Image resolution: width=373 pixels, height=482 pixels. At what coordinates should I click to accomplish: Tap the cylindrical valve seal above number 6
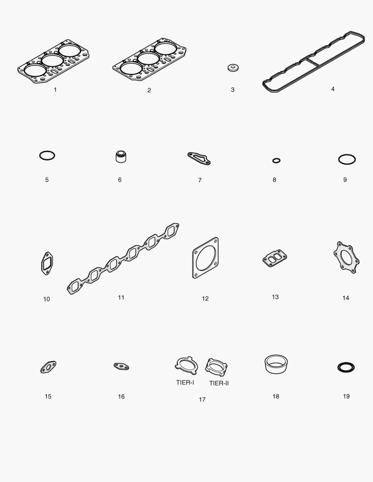click(x=121, y=157)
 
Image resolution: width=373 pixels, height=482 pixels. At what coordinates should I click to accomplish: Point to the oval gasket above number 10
click(x=43, y=263)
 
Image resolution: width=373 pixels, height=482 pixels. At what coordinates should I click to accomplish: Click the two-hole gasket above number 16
click(x=121, y=366)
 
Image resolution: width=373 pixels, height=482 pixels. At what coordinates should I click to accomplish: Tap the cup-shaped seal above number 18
click(x=276, y=364)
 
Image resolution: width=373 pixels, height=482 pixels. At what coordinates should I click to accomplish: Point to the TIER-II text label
click(x=219, y=383)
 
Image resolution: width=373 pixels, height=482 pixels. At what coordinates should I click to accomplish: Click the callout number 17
click(x=202, y=399)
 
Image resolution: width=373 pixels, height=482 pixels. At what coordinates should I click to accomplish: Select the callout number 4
click(x=333, y=89)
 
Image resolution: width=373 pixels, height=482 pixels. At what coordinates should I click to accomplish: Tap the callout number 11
click(x=121, y=297)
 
